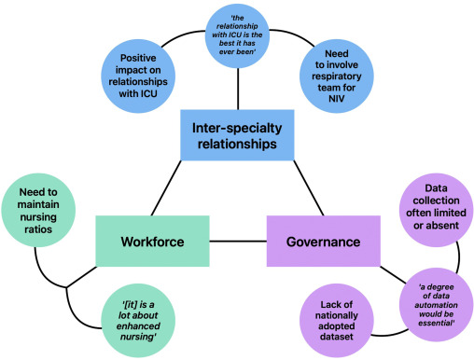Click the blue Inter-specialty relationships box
tap(237, 135)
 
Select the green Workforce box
tap(150, 241)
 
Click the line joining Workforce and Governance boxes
tap(235, 241)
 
